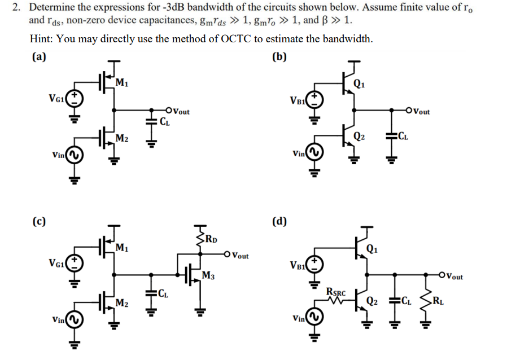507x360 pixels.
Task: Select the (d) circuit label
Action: tap(279, 221)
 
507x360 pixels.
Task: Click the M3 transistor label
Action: tap(208, 275)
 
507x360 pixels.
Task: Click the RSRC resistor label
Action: tap(336, 291)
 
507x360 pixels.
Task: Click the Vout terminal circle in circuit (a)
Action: tap(169, 111)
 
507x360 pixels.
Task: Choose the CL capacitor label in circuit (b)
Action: tap(404, 135)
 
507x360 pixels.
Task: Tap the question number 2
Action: tap(18, 8)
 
